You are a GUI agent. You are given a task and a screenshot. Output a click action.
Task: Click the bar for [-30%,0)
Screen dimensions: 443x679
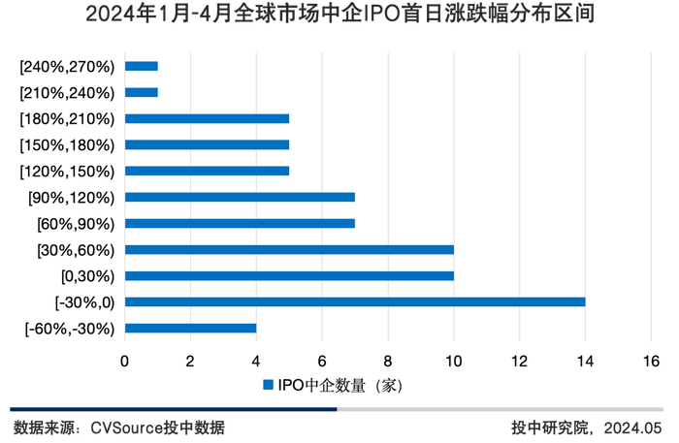(x=355, y=301)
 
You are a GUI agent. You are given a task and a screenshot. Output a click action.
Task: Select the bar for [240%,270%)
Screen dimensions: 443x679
(x=142, y=66)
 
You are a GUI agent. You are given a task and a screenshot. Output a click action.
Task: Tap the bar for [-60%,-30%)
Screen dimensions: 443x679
(x=191, y=328)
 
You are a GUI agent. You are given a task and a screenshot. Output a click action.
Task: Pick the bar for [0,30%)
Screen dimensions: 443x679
(x=289, y=275)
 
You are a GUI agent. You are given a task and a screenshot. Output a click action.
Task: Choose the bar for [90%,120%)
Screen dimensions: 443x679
(x=241, y=197)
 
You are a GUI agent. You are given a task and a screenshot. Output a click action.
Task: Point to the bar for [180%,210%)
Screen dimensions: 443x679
(x=208, y=118)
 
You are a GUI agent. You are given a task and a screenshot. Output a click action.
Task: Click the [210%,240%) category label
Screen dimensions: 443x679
(x=66, y=93)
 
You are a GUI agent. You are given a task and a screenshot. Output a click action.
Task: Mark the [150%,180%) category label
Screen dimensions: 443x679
(x=66, y=145)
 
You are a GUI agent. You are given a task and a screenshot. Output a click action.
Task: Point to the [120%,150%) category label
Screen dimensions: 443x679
(x=66, y=172)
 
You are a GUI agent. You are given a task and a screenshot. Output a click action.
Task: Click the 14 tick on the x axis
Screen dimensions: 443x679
(x=585, y=361)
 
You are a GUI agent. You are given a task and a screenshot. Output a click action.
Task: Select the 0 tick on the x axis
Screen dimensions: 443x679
(x=125, y=361)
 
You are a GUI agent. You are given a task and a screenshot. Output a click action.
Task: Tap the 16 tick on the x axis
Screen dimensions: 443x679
(x=651, y=361)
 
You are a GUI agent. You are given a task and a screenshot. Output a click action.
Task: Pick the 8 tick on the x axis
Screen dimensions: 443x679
(x=388, y=361)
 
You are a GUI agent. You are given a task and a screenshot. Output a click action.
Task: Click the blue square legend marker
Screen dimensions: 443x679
(x=269, y=386)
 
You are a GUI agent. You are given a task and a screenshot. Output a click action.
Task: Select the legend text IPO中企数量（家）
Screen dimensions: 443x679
(x=339, y=386)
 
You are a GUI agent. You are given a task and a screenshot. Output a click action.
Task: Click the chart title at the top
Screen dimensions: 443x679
(x=339, y=16)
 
